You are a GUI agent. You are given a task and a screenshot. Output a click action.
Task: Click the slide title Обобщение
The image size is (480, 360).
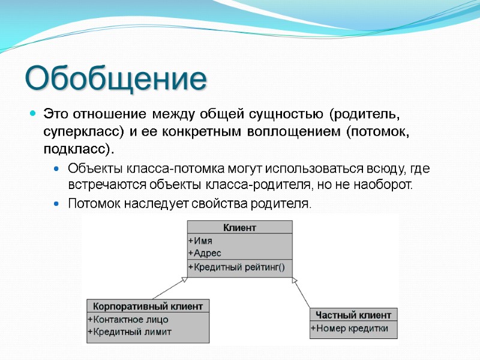[x=115, y=79]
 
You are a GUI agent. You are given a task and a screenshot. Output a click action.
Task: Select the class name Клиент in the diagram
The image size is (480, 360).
[x=240, y=227]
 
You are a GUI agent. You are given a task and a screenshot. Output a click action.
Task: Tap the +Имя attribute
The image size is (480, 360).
[x=200, y=241]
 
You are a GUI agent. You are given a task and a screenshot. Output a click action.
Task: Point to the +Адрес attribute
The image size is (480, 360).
[x=204, y=253]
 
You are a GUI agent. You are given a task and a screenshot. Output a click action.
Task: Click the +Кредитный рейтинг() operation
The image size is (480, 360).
[x=236, y=268]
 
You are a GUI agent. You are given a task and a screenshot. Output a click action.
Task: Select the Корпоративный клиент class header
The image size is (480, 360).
[x=148, y=306]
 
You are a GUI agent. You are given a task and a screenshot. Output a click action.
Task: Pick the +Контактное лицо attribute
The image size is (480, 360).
[x=128, y=319]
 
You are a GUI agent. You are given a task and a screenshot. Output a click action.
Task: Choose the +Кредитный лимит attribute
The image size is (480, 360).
[x=130, y=332]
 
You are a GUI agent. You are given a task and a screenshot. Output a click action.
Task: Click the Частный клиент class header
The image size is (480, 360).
[x=353, y=315]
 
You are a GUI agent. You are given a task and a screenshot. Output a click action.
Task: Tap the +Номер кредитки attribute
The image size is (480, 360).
[x=349, y=328]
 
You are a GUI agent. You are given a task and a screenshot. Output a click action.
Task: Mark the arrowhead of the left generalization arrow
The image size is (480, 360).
[x=184, y=281]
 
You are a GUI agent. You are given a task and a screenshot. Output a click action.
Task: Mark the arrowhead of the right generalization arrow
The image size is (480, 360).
[x=294, y=280]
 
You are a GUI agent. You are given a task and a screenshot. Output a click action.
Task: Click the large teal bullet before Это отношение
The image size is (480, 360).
[x=33, y=113]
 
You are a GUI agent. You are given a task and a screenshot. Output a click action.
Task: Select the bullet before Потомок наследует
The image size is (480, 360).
[x=56, y=205]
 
